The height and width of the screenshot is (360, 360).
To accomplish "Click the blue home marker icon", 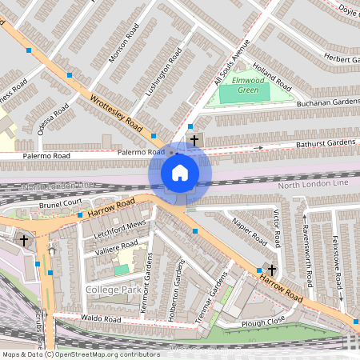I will (180, 172).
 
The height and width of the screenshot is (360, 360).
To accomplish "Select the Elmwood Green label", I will (249, 81).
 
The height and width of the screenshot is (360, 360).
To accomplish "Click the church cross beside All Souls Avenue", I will (194, 140).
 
